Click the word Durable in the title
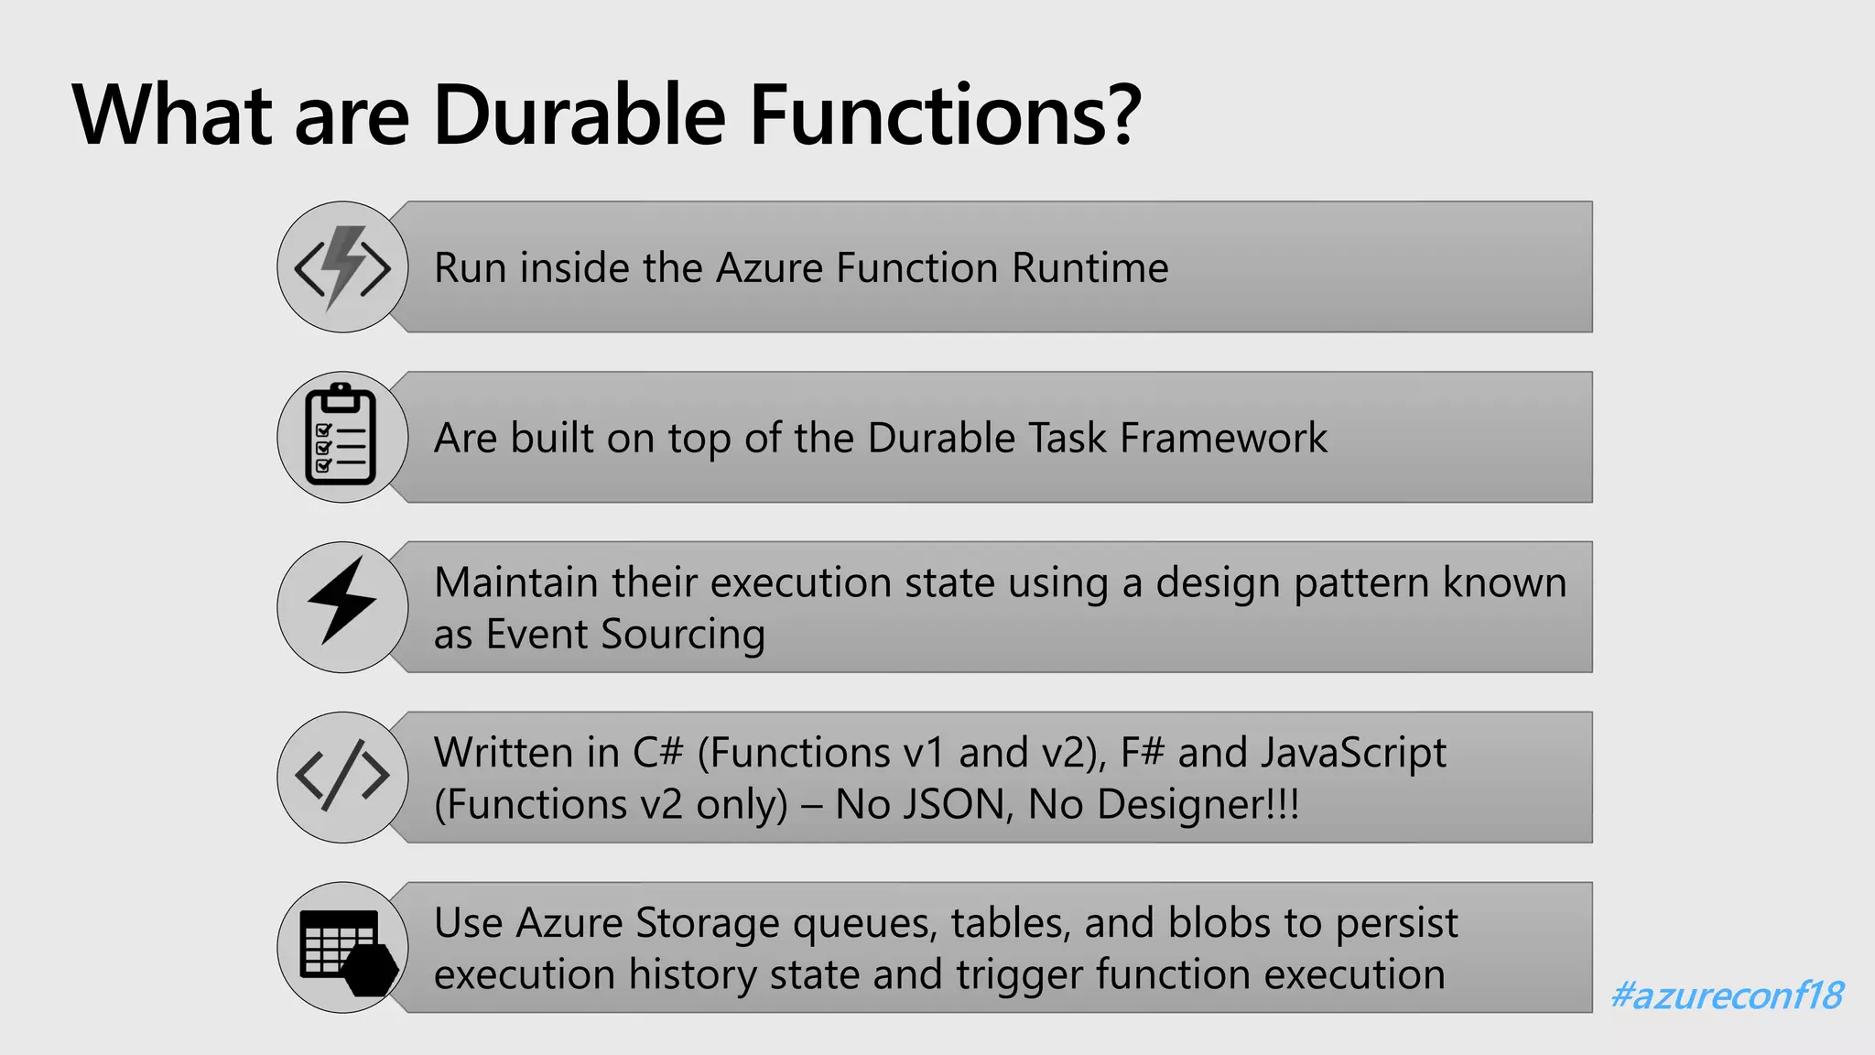pos(579,115)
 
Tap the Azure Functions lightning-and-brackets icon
pos(342,267)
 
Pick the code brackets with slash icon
pos(342,777)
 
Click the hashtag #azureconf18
pos(1727,995)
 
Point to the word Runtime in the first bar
pos(1089,268)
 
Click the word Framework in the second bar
pos(1223,439)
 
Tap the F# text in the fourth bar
pos(1142,754)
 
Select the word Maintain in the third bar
pos(515,583)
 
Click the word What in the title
pos(172,115)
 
